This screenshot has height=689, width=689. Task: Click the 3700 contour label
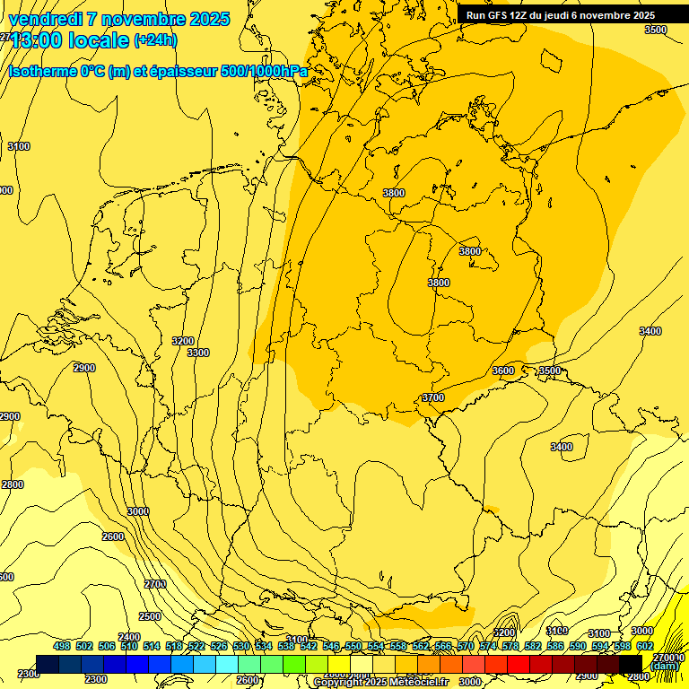[432, 397]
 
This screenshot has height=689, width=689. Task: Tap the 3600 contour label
[503, 371]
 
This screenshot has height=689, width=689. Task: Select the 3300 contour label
[198, 353]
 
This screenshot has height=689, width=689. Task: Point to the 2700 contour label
[155, 584]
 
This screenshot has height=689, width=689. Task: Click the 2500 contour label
[150, 616]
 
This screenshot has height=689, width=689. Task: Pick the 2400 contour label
[129, 637]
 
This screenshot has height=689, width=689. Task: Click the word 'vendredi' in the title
[45, 19]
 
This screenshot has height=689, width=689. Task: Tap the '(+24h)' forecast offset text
[155, 39]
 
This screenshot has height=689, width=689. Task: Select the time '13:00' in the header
[35, 40]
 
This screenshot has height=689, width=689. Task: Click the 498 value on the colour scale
[62, 646]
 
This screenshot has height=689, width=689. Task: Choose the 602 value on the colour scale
[644, 646]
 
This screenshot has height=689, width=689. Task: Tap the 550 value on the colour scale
[353, 646]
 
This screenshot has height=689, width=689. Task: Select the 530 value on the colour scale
[241, 646]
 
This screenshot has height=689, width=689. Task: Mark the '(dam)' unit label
[665, 666]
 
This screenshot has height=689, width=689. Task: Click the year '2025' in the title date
[209, 19]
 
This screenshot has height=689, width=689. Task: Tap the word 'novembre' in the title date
[144, 19]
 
